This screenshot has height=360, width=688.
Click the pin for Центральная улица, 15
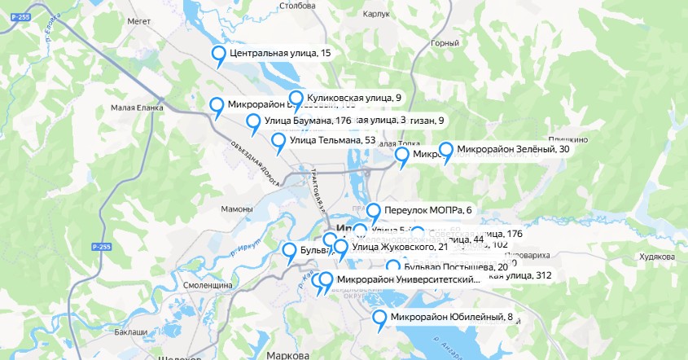tap(218, 55)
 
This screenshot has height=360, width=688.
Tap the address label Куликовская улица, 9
tap(354, 98)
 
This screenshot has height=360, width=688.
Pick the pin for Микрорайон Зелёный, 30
tap(445, 151)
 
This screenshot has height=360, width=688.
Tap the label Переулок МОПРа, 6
tap(427, 210)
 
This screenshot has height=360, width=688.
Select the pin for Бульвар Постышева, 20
tap(393, 267)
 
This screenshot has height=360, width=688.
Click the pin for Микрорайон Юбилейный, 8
tap(379, 318)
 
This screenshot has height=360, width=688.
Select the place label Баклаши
tap(130, 332)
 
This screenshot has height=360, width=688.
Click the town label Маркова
tap(287, 355)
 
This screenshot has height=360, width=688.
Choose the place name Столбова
tap(297, 6)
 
